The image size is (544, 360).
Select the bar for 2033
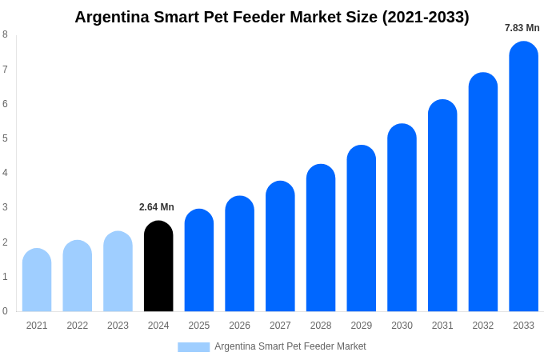523,177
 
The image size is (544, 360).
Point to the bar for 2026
239,254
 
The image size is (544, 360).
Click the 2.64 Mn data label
157,207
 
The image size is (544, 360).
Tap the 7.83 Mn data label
522,28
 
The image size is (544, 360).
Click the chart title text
272,17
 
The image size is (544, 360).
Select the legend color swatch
194,347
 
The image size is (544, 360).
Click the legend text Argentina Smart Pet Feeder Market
290,346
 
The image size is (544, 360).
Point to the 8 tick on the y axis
5,34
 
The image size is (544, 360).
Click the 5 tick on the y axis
5,138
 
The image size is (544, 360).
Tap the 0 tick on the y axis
5,311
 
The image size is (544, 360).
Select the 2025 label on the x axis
199,326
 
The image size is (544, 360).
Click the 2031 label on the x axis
442,326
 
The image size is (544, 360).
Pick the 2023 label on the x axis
118,326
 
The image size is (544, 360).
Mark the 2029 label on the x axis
361,326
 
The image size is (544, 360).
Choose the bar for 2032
482,192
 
